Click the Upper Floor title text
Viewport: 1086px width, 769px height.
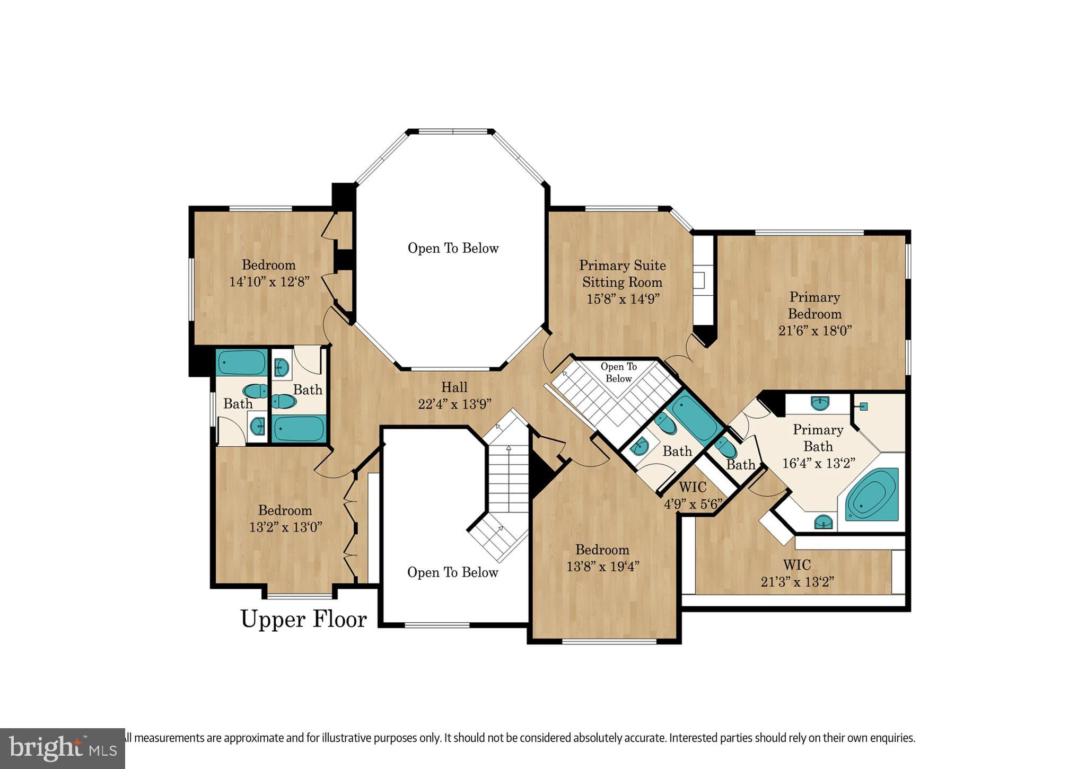coord(304,619)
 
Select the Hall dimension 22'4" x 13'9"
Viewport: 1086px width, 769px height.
coord(455,404)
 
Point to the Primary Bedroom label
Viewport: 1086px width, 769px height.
coord(815,305)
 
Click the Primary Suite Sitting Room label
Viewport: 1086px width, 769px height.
coord(623,273)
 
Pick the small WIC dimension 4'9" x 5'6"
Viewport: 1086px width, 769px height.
coord(693,503)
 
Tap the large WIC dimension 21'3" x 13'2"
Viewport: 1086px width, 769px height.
coord(798,582)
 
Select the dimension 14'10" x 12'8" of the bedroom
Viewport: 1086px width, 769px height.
coord(269,281)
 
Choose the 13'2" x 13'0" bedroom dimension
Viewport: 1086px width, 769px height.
coord(286,527)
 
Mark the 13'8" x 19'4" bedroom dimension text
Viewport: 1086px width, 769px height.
coord(603,567)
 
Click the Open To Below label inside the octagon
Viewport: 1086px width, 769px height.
coord(453,248)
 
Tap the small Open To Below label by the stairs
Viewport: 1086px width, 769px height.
coord(619,373)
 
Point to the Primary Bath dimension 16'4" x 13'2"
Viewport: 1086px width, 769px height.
coord(819,463)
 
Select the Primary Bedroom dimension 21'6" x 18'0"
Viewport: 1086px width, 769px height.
coord(815,330)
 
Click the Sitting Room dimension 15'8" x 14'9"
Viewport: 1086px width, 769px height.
coord(623,298)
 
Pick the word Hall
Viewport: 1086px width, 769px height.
coord(454,387)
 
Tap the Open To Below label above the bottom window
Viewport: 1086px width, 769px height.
coord(453,572)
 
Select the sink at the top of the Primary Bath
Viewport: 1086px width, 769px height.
coord(820,403)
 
